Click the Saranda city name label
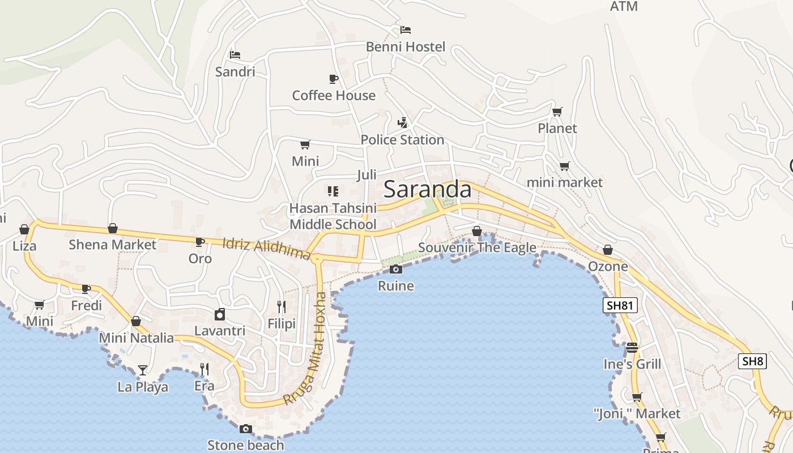428,190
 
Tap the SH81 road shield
620,306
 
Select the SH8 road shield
752,361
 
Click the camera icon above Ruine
396,269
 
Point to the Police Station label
402,140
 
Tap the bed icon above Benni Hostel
406,30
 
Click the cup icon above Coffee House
334,79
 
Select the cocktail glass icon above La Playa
143,370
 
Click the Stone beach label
245,445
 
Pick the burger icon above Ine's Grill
632,347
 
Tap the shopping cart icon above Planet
557,112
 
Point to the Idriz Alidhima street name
266,249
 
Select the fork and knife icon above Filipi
282,307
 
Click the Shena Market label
112,245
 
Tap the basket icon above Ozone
608,250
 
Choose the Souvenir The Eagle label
477,248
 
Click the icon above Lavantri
220,314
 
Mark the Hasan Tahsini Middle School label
332,216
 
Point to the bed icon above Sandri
235,55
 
